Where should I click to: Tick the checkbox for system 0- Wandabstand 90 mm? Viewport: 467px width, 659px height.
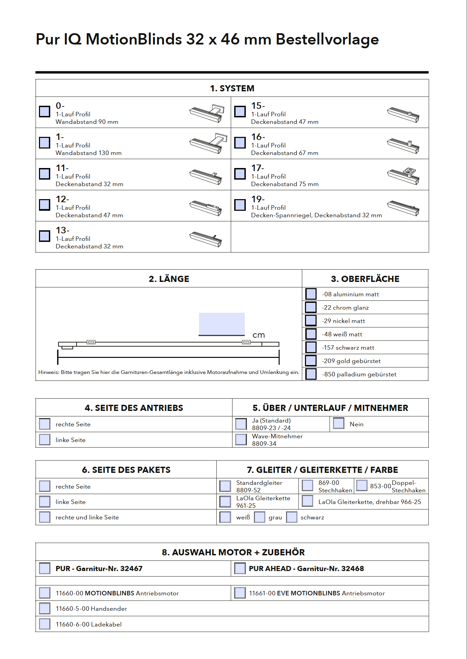coord(44,112)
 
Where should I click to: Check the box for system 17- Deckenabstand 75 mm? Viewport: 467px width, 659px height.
coord(240,174)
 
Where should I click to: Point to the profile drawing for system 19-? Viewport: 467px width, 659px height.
coord(403,208)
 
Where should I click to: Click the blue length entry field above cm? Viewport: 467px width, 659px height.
coord(222,324)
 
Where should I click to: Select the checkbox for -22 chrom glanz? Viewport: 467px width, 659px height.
coord(311,307)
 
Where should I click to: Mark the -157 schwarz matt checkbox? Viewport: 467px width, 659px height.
coord(311,347)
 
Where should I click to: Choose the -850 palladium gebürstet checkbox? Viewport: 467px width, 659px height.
coord(311,374)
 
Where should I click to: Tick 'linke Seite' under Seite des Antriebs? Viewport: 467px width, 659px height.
coord(44,440)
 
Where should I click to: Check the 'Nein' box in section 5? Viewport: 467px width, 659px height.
coord(338,424)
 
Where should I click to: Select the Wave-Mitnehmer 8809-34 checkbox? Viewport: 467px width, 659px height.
coord(241,440)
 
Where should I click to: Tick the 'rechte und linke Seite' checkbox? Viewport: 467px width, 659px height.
coord(44,517)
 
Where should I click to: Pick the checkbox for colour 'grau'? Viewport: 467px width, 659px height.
coord(259,517)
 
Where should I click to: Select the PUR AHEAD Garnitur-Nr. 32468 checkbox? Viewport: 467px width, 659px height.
coord(240,568)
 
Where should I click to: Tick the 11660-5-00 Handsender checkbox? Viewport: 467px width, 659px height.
coord(44,608)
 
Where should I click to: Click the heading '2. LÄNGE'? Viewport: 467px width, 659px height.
coord(169,279)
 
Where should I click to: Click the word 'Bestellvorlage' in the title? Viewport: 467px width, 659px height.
coord(327,39)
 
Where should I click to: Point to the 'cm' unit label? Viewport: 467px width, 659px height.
coord(258,335)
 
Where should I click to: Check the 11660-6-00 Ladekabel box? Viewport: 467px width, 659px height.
coord(44,624)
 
